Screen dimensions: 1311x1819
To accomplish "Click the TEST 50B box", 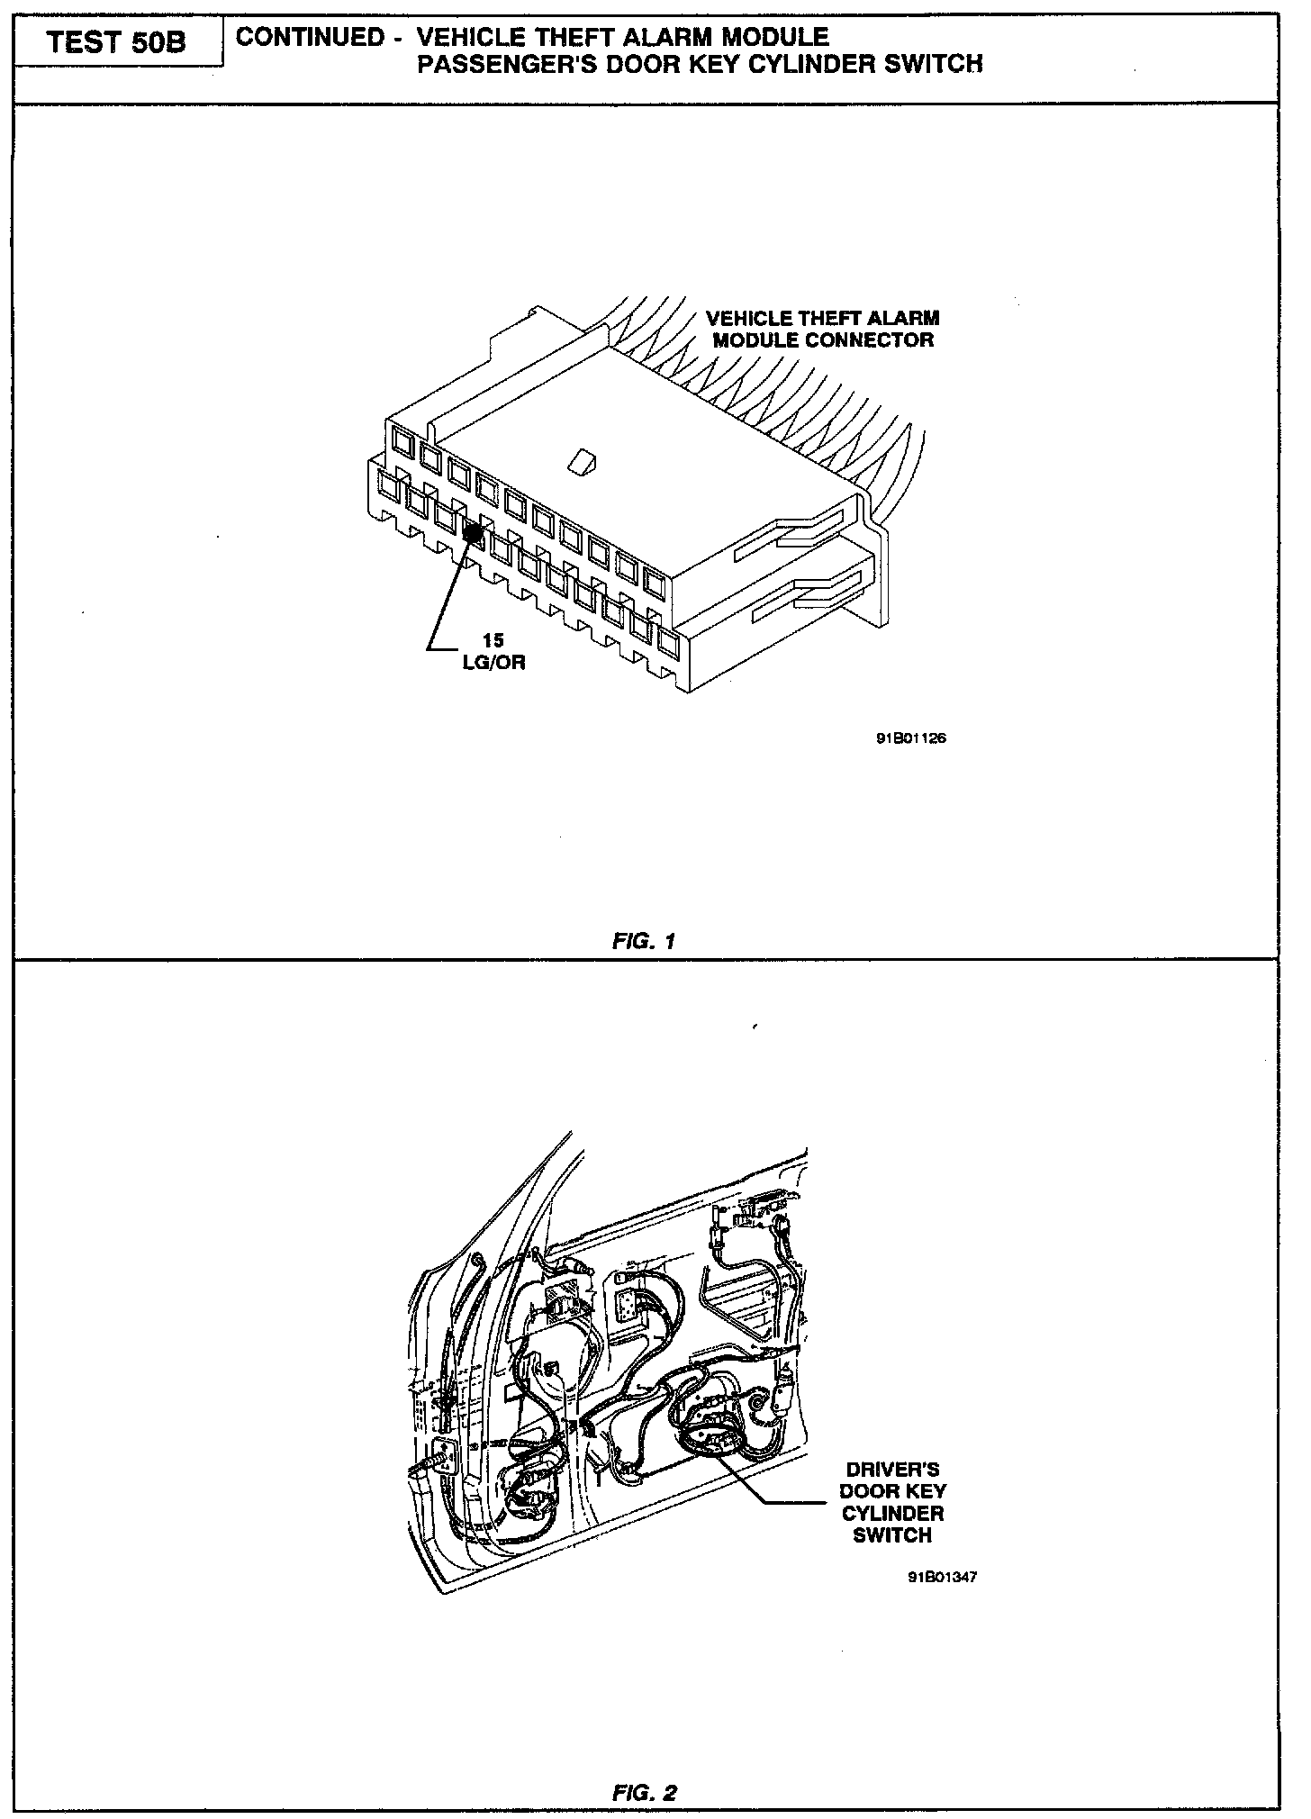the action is click(x=117, y=42).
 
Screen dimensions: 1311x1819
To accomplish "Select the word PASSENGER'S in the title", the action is click(x=506, y=64).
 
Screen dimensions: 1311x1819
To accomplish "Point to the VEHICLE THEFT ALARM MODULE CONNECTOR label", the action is click(x=822, y=329).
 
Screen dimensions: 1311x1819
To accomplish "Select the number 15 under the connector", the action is click(x=493, y=641).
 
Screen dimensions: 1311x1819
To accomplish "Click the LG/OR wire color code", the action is click(x=493, y=662).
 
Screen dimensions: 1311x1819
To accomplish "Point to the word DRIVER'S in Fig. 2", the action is click(x=892, y=1470).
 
